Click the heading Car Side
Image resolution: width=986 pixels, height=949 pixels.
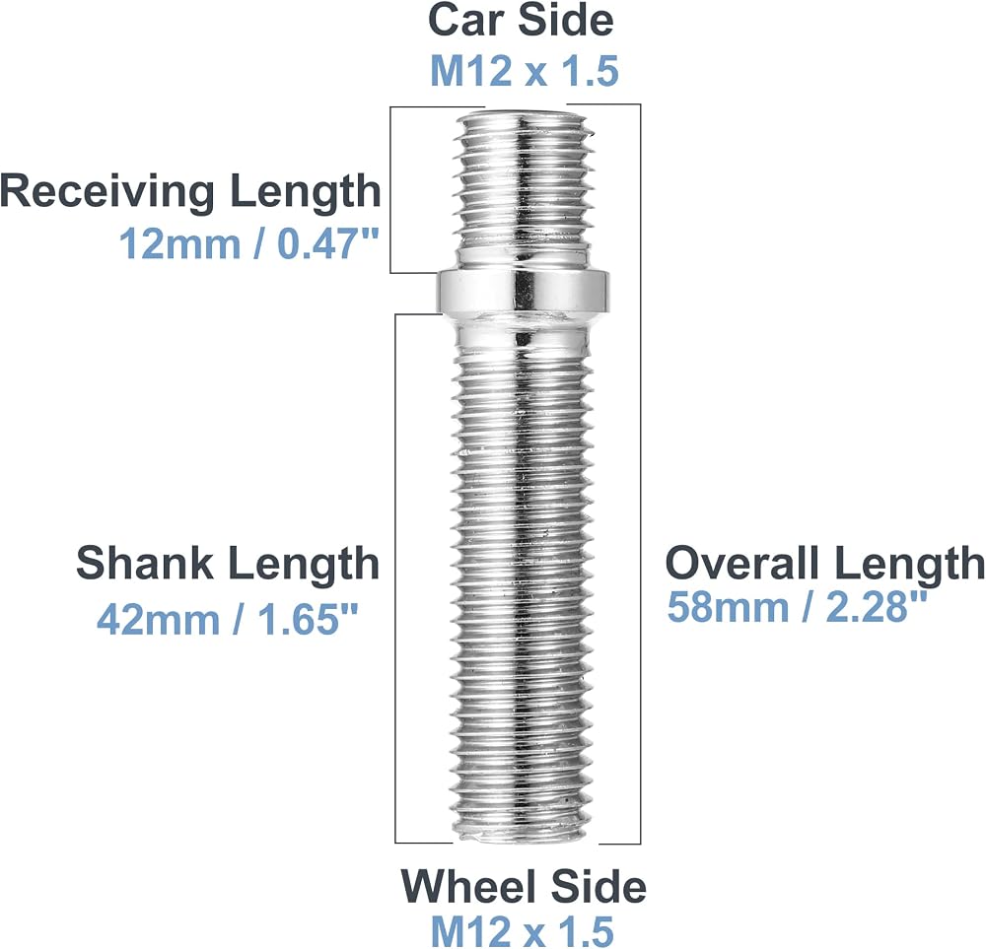[521, 20]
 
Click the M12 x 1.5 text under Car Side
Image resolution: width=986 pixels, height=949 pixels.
[525, 70]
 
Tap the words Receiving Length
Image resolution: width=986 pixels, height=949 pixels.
[190, 191]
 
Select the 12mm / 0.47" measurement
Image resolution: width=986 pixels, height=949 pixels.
[249, 243]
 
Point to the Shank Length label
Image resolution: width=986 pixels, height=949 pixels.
[228, 563]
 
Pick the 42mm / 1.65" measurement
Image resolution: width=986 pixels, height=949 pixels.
[227, 619]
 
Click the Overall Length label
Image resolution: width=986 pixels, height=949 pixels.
[825, 563]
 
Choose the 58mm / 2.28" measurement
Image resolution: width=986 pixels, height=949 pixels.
[797, 606]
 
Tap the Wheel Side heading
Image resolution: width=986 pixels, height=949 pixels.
[524, 886]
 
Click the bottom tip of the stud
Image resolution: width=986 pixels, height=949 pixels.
[524, 838]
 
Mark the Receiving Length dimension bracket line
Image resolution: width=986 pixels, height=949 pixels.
[390, 190]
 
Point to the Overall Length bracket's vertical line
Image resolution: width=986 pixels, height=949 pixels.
[640, 474]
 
